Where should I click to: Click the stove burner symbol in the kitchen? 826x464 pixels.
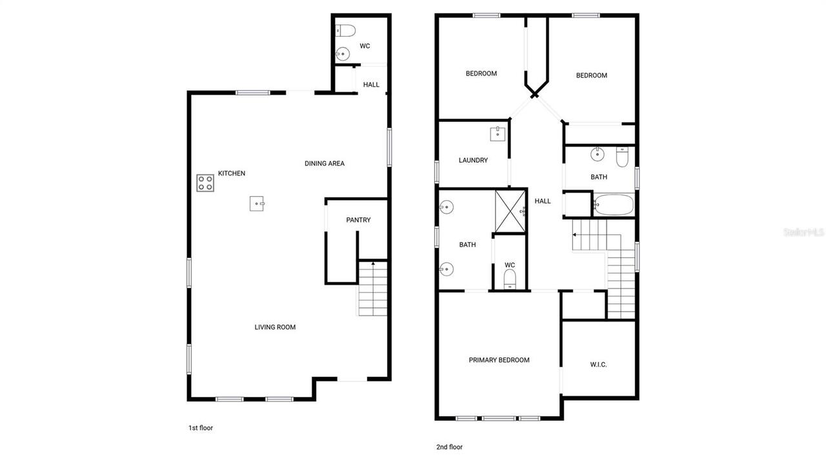[x=205, y=183]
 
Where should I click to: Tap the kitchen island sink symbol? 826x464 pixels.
[x=257, y=204]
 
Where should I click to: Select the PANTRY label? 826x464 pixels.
[x=358, y=220]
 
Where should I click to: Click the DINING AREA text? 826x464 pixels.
[x=325, y=164]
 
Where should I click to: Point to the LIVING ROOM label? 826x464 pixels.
[x=275, y=327]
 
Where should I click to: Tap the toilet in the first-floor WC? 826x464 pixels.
[x=345, y=30]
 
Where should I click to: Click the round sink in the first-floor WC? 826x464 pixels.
[x=343, y=54]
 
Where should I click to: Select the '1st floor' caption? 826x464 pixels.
[x=200, y=428]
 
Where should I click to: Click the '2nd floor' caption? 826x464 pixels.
[x=450, y=447]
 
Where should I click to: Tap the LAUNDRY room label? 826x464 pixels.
[x=473, y=161]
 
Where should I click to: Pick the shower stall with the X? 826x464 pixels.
[x=510, y=210]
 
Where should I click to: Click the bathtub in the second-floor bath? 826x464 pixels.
[x=614, y=205]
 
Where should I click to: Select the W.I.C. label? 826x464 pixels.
[x=598, y=365]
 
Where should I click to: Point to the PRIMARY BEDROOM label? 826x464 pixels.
[x=499, y=360]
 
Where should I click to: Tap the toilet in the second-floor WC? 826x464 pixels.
[x=510, y=279]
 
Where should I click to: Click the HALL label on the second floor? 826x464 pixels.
[x=543, y=201]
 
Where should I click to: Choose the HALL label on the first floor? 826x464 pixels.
[x=371, y=85]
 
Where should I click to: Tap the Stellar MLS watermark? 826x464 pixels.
[x=803, y=232]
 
